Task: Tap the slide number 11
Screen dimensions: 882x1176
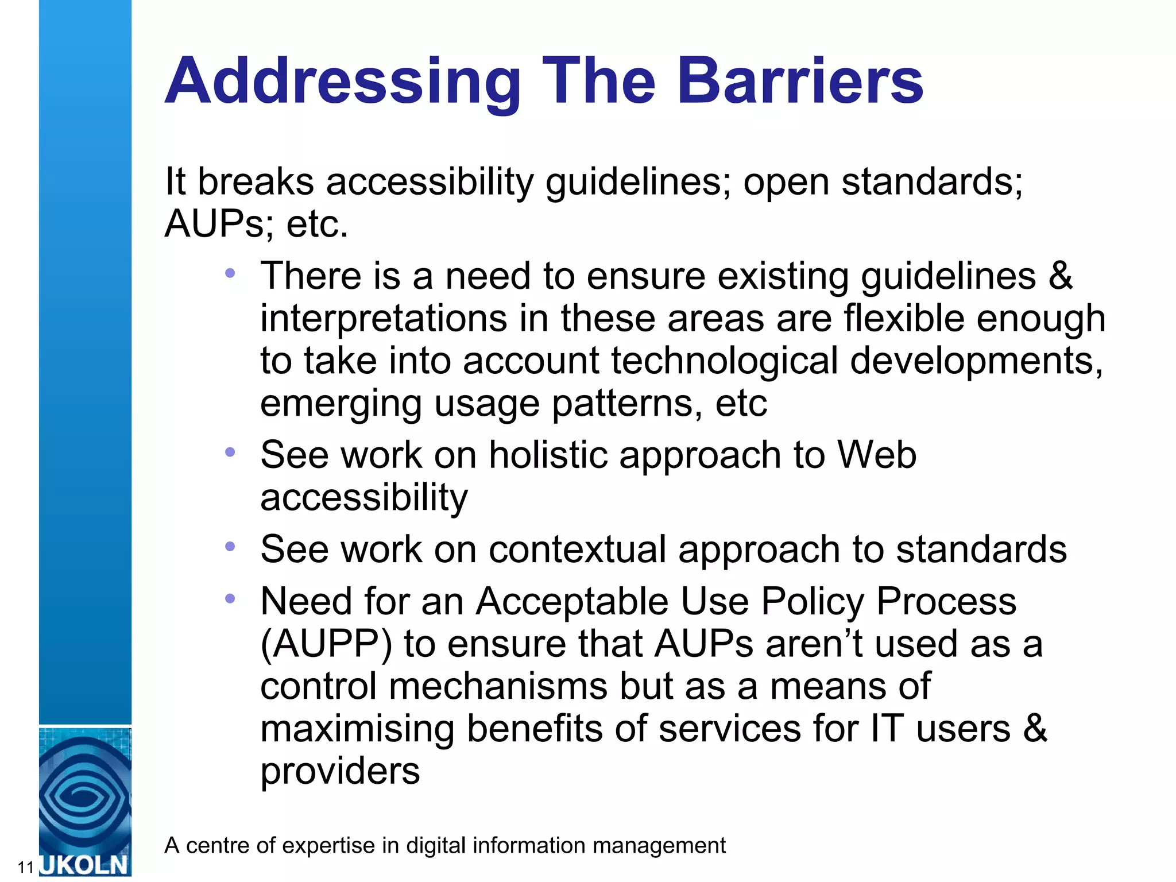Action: pos(26,867)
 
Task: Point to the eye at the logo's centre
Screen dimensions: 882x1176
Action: pos(84,798)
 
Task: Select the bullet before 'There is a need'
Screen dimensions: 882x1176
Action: pos(230,273)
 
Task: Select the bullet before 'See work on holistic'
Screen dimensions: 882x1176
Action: pos(230,452)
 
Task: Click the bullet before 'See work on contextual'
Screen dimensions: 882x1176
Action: pos(230,547)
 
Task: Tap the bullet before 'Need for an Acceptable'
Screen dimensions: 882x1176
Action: pos(230,599)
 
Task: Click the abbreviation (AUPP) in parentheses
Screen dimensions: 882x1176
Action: pos(326,644)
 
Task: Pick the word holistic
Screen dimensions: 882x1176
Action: pos(548,455)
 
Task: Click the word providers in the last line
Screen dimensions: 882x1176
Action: pos(340,771)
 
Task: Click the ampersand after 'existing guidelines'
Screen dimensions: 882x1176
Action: pos(1060,276)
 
